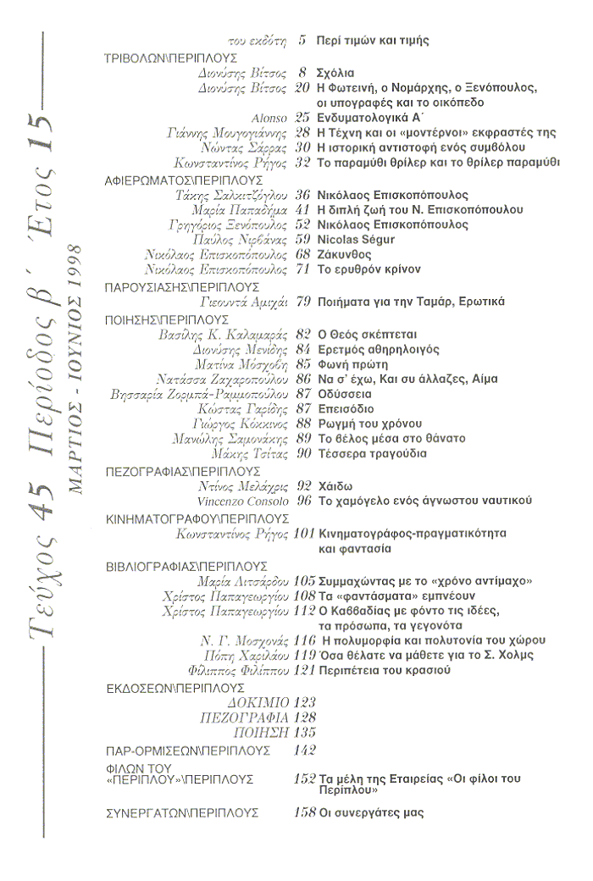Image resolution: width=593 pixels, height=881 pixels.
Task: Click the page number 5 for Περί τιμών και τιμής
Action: [x=302, y=41]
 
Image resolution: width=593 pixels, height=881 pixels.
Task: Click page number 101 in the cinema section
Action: [x=302, y=534]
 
